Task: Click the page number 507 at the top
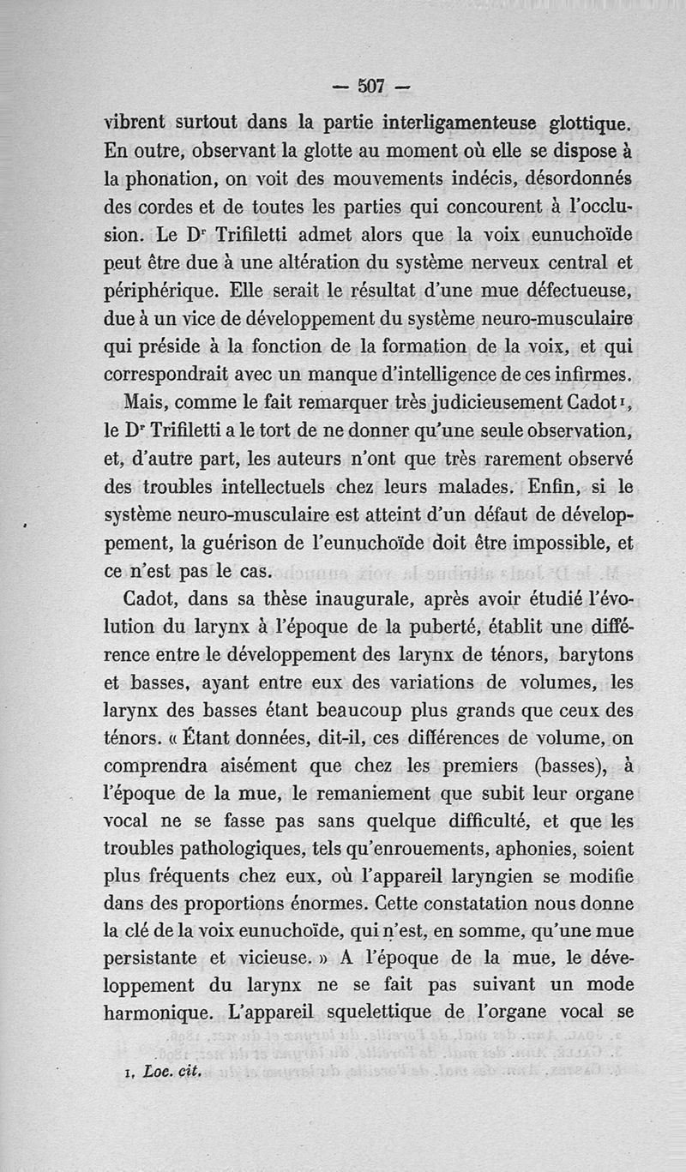[370, 86]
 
